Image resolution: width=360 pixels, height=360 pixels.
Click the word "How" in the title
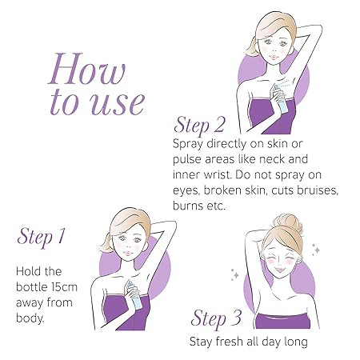[x=87, y=69]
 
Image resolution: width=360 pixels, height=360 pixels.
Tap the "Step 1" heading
[x=41, y=236]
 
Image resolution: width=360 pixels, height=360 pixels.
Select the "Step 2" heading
[x=199, y=125]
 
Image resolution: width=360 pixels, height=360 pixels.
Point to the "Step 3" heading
[x=216, y=318]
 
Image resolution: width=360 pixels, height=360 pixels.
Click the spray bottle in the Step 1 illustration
[x=134, y=294]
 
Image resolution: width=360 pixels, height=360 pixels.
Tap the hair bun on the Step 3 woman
[x=289, y=225]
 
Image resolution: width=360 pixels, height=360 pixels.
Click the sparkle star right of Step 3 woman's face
[x=317, y=250]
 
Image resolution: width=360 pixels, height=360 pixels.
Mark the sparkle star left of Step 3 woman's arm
[x=235, y=275]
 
